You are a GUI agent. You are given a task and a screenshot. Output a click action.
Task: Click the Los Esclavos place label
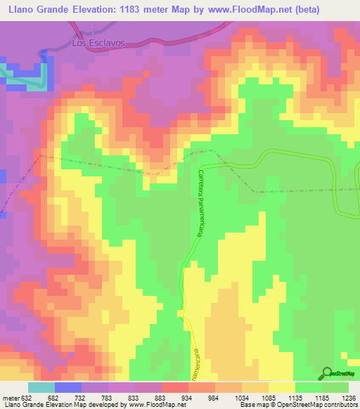click(x=98, y=43)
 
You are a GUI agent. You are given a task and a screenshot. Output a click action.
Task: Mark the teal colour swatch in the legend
click(x=41, y=387)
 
